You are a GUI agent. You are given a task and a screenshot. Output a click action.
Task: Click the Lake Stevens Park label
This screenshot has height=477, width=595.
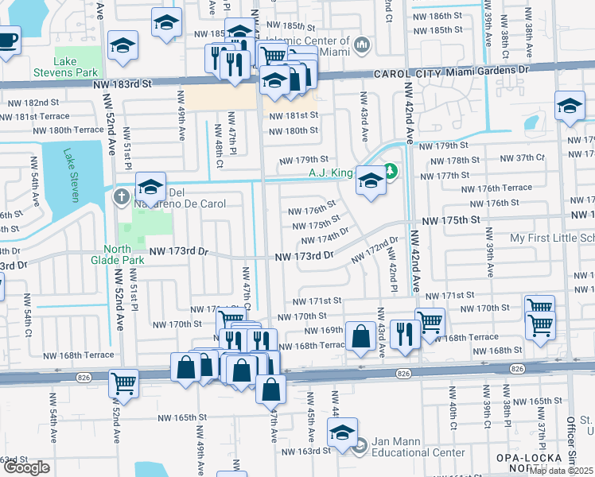[76, 68]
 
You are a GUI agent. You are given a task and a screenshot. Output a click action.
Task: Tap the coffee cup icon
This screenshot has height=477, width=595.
[7, 39]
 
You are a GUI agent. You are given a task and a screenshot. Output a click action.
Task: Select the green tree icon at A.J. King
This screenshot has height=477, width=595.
[390, 171]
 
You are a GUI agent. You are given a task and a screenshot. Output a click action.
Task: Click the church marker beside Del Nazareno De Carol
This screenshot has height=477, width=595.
[121, 196]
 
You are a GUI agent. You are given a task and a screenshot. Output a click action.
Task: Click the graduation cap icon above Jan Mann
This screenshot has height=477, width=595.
[343, 432]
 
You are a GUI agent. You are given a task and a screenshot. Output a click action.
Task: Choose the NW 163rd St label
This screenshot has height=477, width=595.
[309, 451]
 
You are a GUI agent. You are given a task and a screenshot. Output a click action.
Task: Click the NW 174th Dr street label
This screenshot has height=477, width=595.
[327, 236]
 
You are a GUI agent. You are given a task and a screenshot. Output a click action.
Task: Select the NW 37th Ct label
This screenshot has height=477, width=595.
[524, 157]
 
